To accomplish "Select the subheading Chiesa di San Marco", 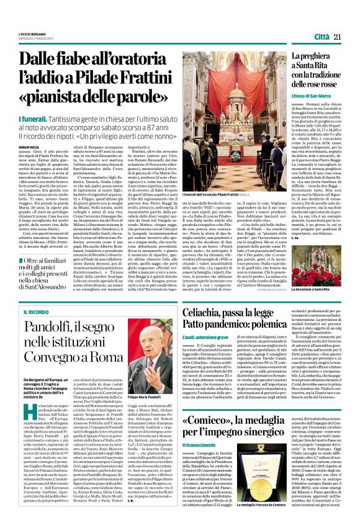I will pyautogui.click(x=313, y=97).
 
